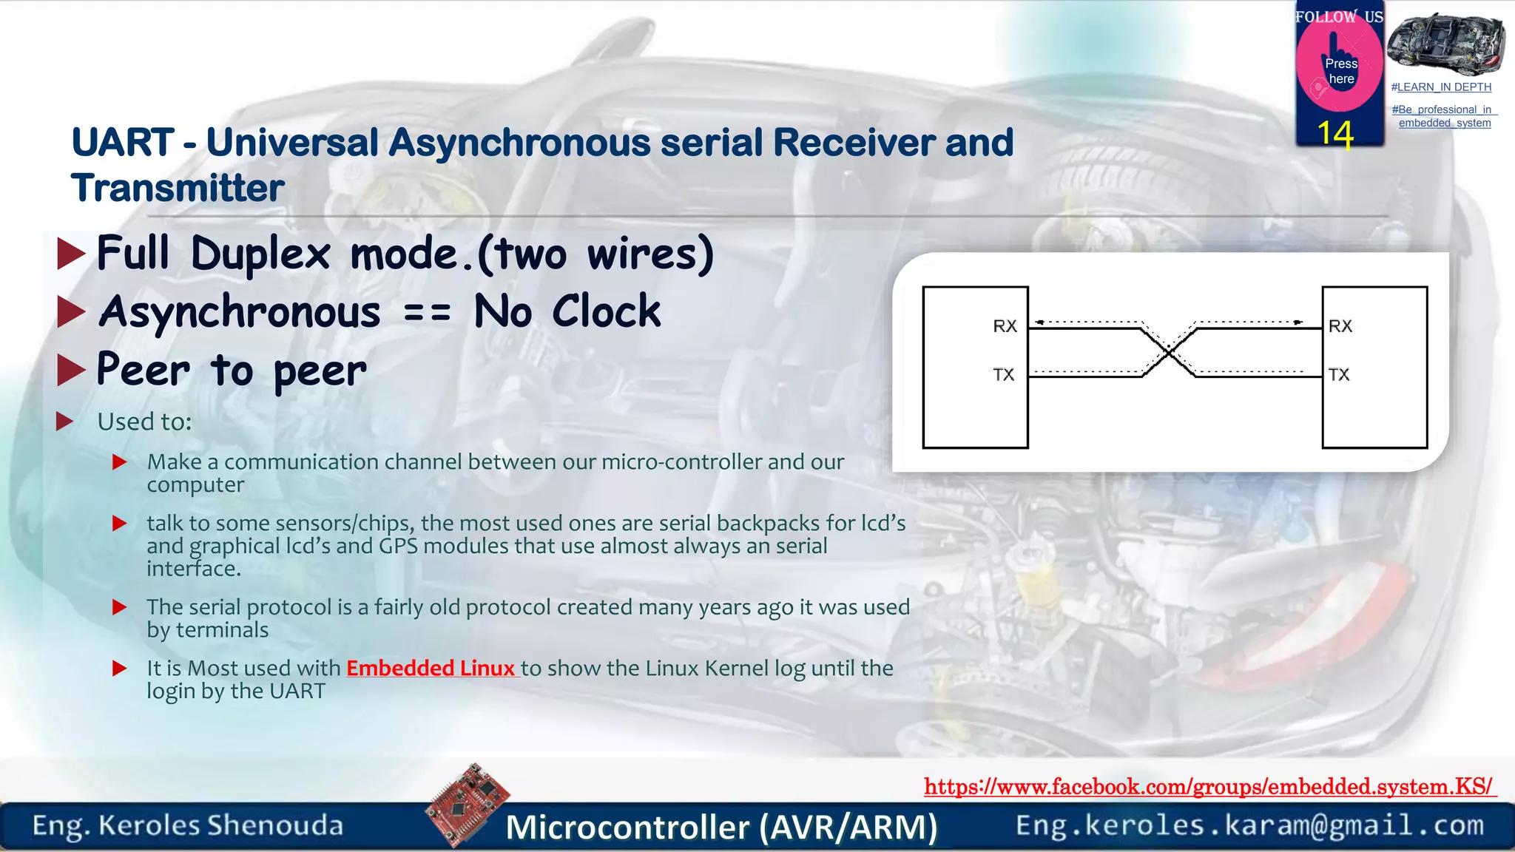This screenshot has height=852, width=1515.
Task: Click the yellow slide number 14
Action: pos(1335,135)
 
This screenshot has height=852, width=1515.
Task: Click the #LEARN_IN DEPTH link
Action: pos(1441,87)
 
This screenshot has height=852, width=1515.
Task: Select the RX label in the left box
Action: pos(1005,326)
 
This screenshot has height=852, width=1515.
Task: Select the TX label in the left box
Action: pos(1003,375)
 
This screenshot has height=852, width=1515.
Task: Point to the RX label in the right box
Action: pos(1340,326)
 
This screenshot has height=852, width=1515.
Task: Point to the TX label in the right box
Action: pos(1339,375)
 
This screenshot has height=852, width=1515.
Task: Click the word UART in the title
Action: pos(123,142)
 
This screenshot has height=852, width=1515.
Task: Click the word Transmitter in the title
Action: pos(178,188)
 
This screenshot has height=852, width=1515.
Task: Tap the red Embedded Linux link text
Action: pos(431,668)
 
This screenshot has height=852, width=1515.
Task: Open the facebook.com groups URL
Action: pos(1209,786)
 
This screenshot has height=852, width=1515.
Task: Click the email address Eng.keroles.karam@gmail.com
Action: pos(1249,825)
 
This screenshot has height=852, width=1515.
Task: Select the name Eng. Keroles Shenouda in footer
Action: pos(188,825)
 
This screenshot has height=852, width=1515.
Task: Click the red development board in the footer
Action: pos(468,804)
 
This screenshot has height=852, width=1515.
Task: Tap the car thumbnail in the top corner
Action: pos(1445,44)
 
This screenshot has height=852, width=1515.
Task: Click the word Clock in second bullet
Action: pos(606,311)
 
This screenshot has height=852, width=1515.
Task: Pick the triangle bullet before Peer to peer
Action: pos(71,371)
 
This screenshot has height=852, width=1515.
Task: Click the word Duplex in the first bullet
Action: pos(260,254)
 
